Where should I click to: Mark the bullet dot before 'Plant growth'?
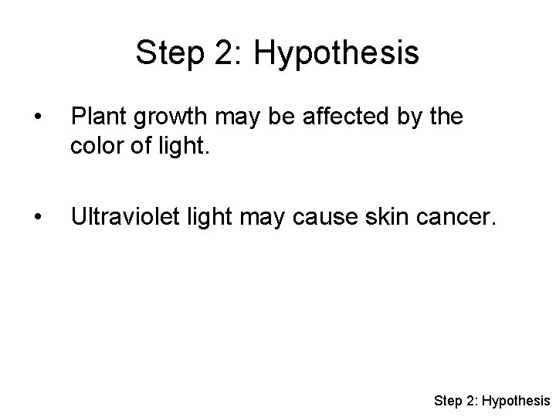[30, 117]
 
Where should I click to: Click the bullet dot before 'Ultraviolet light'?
[30, 219]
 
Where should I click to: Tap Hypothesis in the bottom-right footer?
[517, 400]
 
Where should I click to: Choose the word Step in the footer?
[449, 400]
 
